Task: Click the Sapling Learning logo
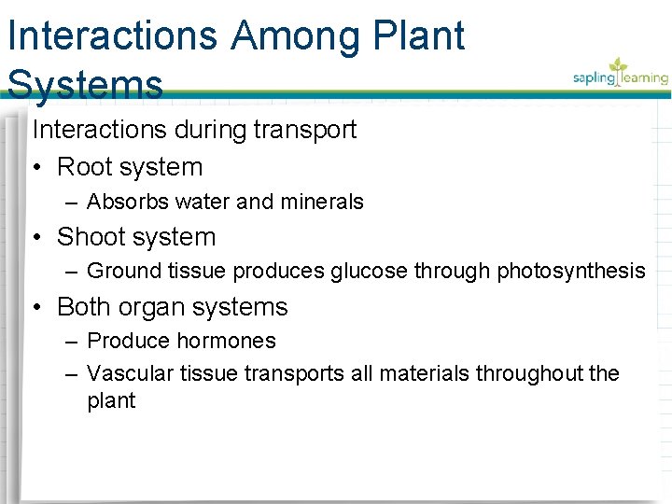(620, 75)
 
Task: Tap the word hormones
(229, 342)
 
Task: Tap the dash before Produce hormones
(73, 342)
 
